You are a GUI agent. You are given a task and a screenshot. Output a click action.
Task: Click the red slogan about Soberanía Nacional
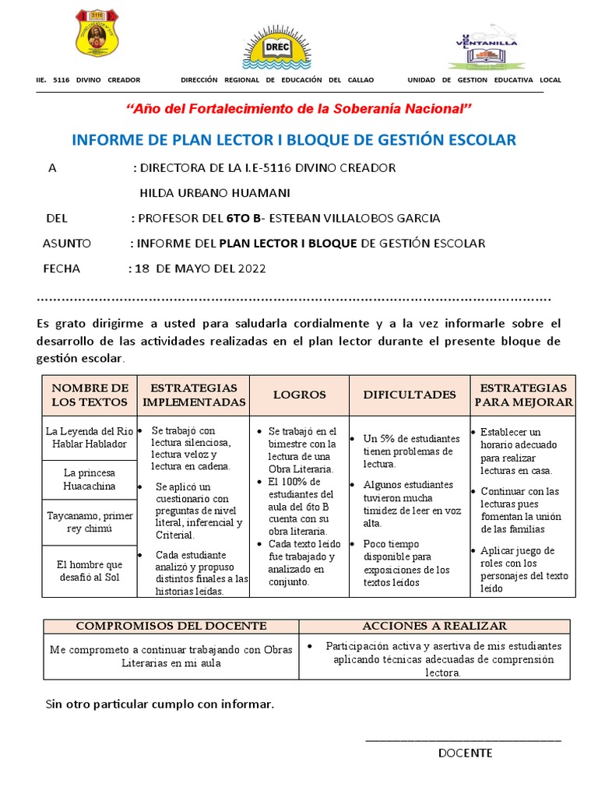(x=299, y=108)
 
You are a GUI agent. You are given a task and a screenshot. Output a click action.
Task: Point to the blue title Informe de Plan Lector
(x=294, y=140)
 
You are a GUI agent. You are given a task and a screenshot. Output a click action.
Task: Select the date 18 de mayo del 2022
(x=200, y=269)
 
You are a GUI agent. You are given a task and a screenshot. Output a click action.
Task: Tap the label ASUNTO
(x=67, y=244)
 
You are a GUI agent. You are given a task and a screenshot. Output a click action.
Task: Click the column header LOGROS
(x=299, y=395)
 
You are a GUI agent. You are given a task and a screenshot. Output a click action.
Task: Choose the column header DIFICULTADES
(x=410, y=395)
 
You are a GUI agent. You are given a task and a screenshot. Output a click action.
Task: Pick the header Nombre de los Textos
(x=90, y=395)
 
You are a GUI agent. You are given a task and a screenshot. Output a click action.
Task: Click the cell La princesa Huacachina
(x=90, y=479)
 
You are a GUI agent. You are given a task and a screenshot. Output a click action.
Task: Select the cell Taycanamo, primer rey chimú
(x=90, y=521)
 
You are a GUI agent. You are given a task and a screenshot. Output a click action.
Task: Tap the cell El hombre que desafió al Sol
(x=90, y=571)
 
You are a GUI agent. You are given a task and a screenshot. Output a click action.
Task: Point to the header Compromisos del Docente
(x=171, y=626)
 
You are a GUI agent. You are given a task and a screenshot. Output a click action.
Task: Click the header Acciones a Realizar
(x=434, y=626)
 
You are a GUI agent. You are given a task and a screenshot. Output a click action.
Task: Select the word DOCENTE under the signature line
(x=465, y=753)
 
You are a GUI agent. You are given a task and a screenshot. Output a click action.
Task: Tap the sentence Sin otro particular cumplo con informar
(x=160, y=704)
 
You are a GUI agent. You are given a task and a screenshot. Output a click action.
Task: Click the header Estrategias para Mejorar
(x=523, y=395)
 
